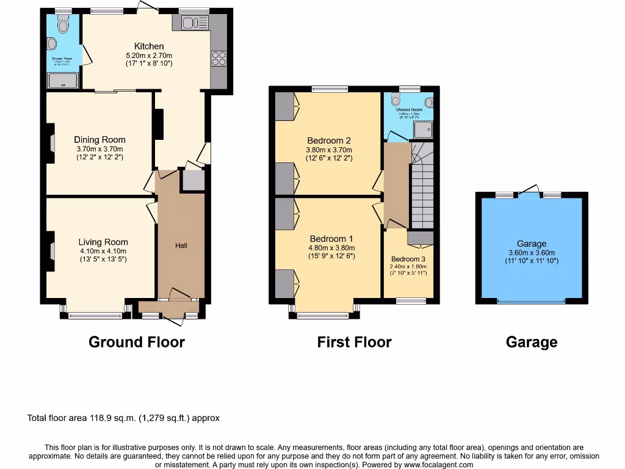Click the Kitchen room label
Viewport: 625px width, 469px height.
(x=149, y=46)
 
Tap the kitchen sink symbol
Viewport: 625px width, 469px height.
(x=195, y=23)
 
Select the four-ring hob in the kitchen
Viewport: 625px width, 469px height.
(x=219, y=58)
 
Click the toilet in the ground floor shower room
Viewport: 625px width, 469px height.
(x=63, y=24)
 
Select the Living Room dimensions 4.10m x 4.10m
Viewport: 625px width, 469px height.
(x=103, y=250)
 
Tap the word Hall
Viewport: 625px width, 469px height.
(x=181, y=245)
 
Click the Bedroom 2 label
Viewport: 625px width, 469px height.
(x=329, y=140)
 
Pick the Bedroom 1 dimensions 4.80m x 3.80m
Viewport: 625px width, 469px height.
(x=332, y=248)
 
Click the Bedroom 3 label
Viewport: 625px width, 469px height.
(x=408, y=259)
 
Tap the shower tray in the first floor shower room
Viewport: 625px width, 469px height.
(x=423, y=129)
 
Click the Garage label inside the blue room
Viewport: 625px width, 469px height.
(x=532, y=243)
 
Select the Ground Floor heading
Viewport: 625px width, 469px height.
(x=137, y=342)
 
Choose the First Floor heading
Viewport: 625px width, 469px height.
(x=354, y=342)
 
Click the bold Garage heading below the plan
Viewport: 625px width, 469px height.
(x=531, y=342)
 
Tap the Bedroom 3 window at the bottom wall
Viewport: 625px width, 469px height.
(x=411, y=300)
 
